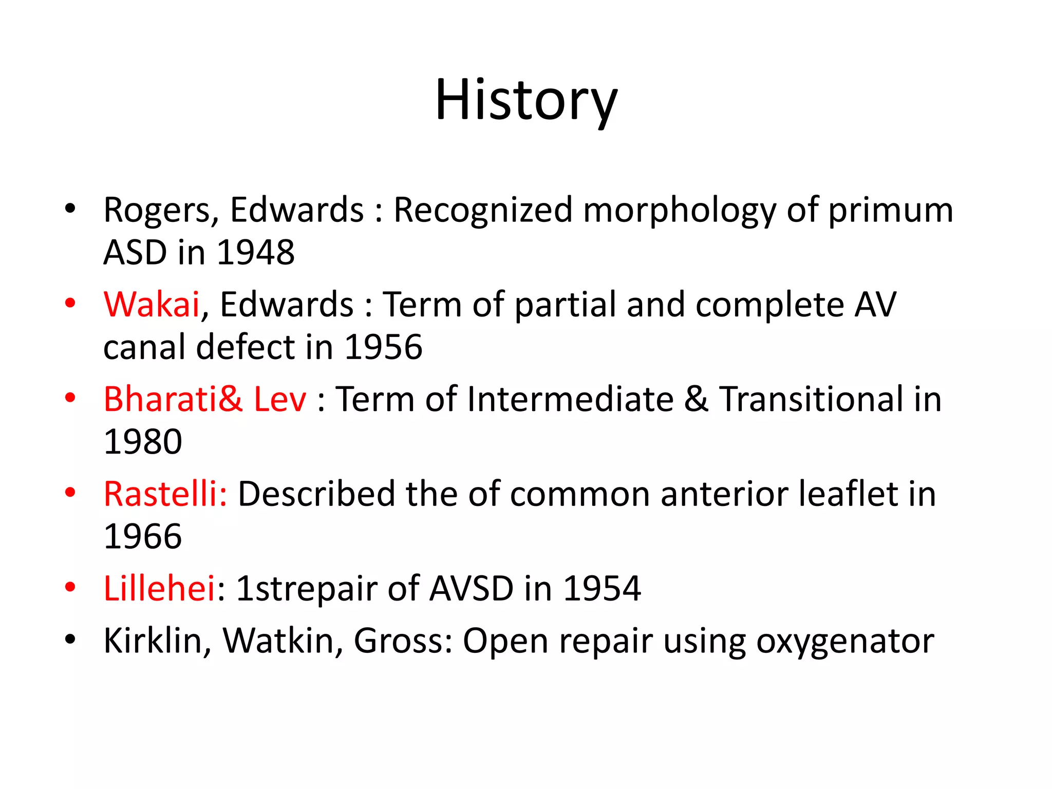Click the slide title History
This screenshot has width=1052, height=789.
(x=526, y=101)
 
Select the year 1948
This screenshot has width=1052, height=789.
(x=256, y=253)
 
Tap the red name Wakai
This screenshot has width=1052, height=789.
(x=152, y=305)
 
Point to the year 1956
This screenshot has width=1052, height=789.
(x=383, y=347)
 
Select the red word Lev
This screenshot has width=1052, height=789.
(x=280, y=399)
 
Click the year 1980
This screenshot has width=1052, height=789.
(x=143, y=442)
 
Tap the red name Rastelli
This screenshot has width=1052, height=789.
(x=164, y=494)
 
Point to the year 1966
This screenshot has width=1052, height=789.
(x=143, y=537)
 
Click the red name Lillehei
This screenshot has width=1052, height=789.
(x=159, y=588)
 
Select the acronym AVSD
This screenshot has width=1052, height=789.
(x=471, y=588)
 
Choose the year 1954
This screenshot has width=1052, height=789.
(x=602, y=588)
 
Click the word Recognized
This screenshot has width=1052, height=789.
(x=483, y=211)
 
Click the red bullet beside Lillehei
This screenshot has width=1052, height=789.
(x=70, y=587)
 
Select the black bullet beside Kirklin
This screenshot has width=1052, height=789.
(x=70, y=639)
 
